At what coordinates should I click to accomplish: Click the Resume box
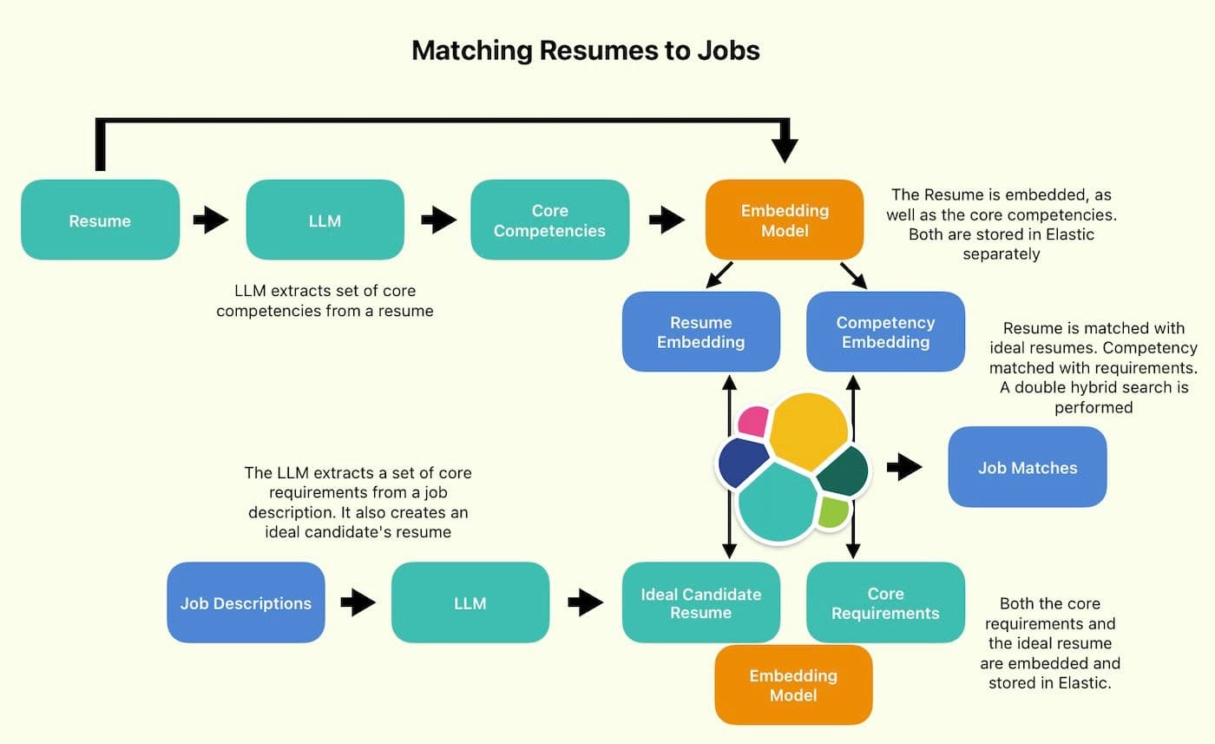click(100, 221)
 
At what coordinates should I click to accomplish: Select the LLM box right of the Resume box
click(325, 221)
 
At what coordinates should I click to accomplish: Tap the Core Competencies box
click(549, 221)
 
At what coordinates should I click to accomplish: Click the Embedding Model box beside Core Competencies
click(785, 221)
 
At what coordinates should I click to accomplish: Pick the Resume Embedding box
click(700, 332)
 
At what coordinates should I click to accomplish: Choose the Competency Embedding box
click(885, 332)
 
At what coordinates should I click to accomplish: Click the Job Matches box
click(1027, 467)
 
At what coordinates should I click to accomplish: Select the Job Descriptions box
click(246, 602)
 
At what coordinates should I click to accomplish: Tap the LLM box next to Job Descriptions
click(470, 602)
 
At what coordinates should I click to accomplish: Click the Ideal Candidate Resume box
click(700, 602)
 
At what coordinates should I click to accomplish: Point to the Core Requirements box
click(885, 602)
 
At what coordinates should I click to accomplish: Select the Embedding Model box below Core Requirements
click(793, 685)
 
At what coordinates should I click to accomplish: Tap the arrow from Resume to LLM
click(211, 221)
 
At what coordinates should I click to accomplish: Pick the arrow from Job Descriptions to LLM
click(358, 602)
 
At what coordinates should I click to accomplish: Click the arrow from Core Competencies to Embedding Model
click(667, 221)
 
